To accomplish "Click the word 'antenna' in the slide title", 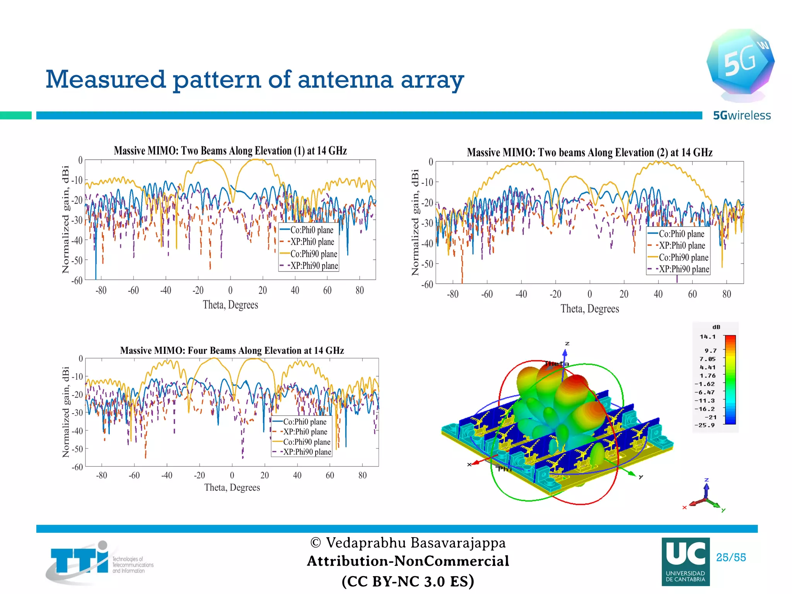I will point(345,79).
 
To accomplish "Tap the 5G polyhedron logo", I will point(740,62).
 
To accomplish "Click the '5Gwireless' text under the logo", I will point(742,115).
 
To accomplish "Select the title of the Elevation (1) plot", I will point(230,150).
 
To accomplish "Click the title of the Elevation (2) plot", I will point(589,152).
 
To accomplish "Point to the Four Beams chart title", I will point(232,350).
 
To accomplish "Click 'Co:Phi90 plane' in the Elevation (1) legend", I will point(314,254).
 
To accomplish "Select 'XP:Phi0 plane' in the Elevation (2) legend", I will point(682,246).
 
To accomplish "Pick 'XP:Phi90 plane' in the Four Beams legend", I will point(307,452).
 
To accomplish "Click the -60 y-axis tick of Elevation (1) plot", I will point(77,280).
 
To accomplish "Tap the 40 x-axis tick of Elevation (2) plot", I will point(658,294).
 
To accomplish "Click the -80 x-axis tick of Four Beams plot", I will point(101,475).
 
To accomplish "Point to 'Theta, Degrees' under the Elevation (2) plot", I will point(589,309).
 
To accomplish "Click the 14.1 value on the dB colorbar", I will point(707,337).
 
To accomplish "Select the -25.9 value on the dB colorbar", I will point(705,425).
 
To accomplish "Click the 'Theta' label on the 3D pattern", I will point(556,364).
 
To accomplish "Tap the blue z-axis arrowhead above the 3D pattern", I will point(565,352).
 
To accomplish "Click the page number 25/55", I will point(731,557).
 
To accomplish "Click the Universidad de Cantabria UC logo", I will point(685,562).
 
